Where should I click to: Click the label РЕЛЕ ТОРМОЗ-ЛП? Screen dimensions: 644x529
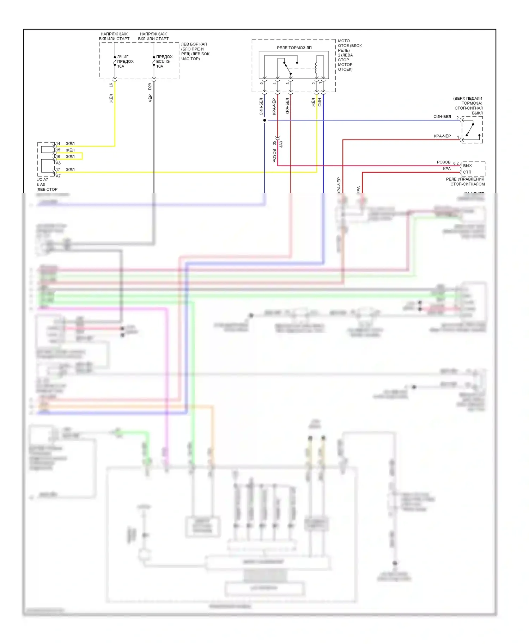point(294,48)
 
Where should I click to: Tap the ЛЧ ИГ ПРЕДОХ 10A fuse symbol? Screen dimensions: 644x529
point(115,61)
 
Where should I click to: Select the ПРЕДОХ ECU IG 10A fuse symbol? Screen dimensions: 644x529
point(154,61)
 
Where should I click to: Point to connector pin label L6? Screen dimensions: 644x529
point(111,85)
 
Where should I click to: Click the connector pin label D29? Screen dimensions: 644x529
point(150,86)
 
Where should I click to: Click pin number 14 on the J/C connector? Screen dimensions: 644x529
point(58,144)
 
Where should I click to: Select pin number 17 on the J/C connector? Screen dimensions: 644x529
point(58,170)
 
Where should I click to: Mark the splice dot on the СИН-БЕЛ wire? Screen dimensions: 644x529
point(264,120)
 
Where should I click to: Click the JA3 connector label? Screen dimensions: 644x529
point(281,144)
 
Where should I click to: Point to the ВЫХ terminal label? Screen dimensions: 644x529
point(467,166)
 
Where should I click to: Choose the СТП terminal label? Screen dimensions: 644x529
point(467,172)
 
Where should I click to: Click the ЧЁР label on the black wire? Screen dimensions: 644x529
point(150,98)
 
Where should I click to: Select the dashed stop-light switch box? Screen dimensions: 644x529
point(472,130)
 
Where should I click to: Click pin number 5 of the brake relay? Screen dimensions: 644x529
point(261,83)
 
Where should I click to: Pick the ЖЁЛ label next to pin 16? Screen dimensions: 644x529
point(70,157)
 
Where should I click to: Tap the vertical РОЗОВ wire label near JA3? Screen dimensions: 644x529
point(274,155)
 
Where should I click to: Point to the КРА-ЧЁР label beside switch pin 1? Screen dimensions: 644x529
point(442,136)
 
